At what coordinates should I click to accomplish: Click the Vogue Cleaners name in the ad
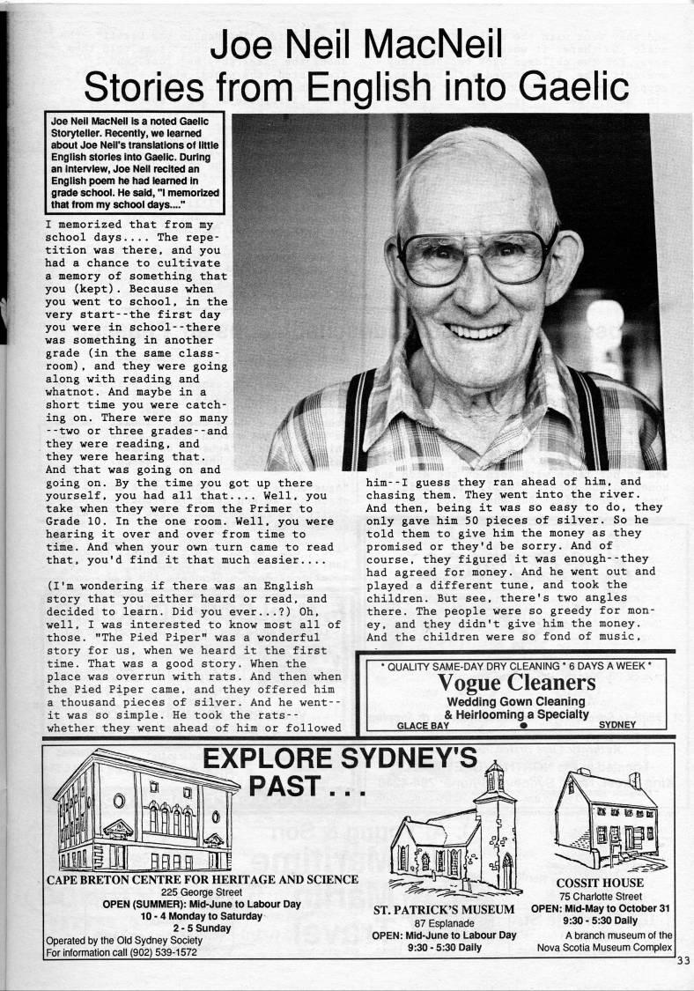[x=516, y=683]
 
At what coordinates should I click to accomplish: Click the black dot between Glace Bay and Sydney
[x=523, y=727]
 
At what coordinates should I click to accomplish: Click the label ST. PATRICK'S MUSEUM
[x=444, y=909]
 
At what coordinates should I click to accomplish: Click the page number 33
[x=684, y=961]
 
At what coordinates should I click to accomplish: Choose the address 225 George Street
[x=202, y=891]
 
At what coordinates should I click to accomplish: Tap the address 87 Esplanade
[x=444, y=922]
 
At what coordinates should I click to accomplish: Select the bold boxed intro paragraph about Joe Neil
[x=135, y=164]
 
